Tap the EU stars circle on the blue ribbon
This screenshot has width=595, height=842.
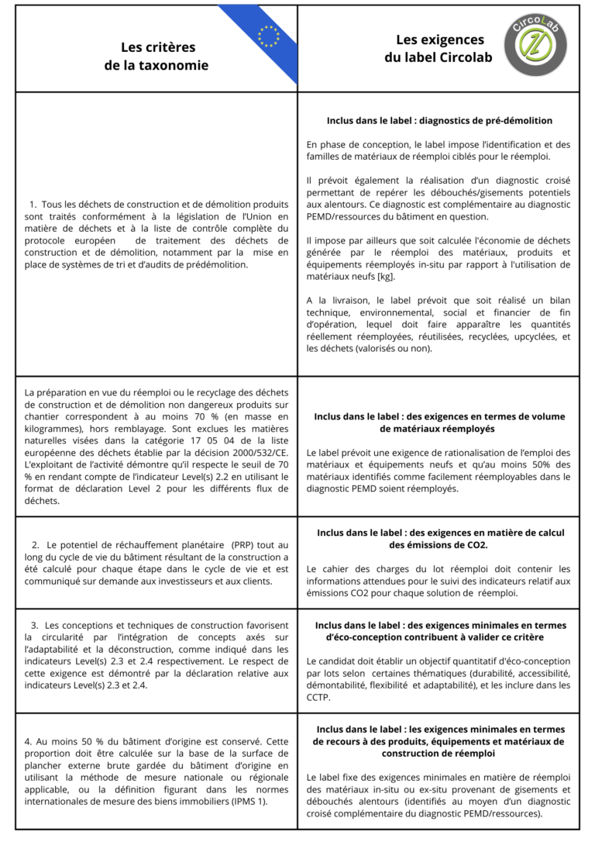click(x=269, y=36)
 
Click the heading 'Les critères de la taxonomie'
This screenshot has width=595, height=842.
click(x=157, y=57)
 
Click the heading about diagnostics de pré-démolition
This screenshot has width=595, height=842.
click(x=439, y=121)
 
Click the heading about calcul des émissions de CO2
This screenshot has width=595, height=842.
click(x=440, y=539)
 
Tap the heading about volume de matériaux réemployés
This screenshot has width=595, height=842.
click(x=439, y=423)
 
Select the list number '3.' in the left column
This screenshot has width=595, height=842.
click(x=35, y=625)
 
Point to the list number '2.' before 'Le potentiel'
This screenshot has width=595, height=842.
click(x=36, y=545)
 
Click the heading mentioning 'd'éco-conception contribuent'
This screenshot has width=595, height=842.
click(x=440, y=631)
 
